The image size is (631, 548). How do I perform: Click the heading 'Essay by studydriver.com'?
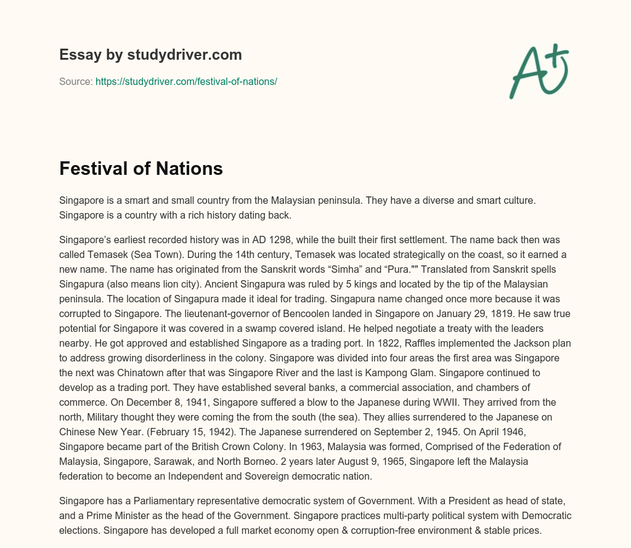(150, 55)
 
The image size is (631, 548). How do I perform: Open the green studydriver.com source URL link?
(186, 81)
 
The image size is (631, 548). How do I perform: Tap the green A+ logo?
(539, 71)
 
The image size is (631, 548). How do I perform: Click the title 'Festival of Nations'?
(140, 169)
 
